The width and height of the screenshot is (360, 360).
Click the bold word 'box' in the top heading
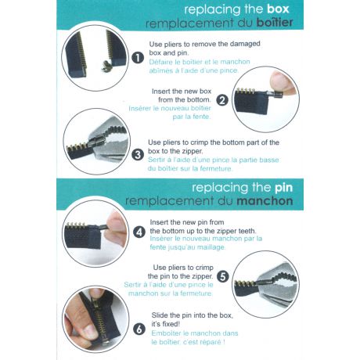(278, 9)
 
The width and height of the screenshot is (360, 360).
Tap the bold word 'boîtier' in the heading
(275, 23)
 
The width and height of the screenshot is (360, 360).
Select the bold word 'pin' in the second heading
(284, 188)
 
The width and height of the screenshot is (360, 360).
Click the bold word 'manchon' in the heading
(265, 201)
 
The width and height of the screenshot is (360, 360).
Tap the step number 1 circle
(138, 58)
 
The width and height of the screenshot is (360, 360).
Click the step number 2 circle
(222, 100)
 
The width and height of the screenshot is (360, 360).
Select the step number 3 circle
(138, 155)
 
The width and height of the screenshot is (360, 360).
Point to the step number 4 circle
(139, 232)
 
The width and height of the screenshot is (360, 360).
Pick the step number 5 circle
(223, 276)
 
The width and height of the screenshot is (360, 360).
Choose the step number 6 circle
(139, 329)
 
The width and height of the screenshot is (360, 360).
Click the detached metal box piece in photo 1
(106, 67)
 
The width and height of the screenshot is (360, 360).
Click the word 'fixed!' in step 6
(170, 324)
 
